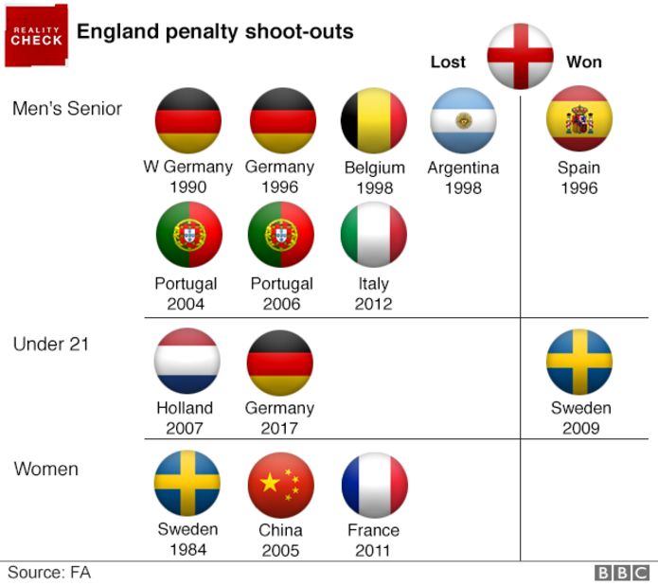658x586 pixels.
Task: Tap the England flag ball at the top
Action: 520,55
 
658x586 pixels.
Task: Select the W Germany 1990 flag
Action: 187,120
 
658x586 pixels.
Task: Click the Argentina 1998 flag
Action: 463,120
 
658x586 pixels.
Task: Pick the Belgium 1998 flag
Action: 374,120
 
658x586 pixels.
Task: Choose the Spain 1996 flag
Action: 579,119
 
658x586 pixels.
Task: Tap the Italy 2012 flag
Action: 373,235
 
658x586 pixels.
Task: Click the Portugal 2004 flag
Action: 187,235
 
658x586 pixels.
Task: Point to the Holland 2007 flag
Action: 187,361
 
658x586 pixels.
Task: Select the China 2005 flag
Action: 280,484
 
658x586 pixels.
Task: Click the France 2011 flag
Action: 374,484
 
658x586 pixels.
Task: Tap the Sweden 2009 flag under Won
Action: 579,361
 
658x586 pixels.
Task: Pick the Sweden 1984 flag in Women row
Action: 187,484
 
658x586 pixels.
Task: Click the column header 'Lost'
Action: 448,62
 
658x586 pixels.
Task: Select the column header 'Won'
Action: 583,62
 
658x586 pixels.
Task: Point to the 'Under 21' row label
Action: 50,345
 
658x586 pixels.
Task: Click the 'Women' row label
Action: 46,469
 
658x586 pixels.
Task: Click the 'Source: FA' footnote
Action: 49,572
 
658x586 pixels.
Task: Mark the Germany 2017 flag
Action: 279,361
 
